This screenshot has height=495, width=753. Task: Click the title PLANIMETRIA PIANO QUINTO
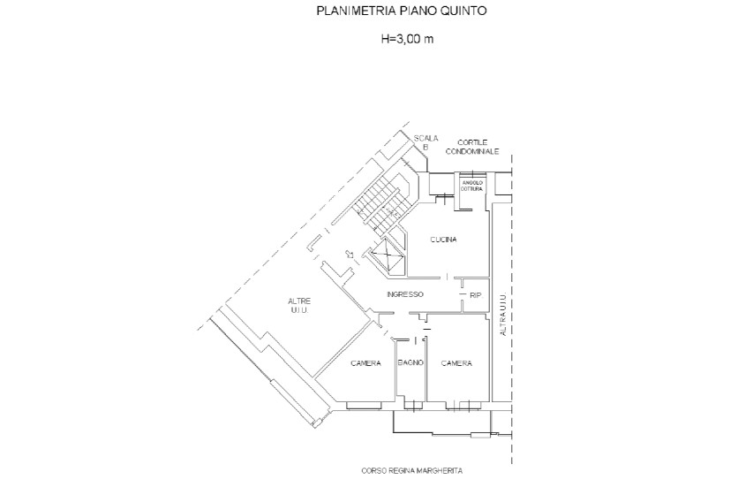401,12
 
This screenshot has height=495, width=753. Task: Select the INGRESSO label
405,294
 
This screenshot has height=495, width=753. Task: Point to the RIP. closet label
476,294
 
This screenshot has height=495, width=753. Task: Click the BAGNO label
410,363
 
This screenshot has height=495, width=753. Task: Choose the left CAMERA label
365,363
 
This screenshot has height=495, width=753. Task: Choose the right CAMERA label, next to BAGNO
456,363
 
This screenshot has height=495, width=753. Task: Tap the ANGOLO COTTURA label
472,186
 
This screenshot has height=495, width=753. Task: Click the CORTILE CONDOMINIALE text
471,147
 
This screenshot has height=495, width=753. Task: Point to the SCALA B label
425,141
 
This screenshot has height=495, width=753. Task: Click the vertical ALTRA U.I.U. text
503,314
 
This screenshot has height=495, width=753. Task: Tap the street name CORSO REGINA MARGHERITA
411,471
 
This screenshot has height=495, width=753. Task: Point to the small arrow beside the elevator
352,257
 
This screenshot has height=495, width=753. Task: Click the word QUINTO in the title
463,12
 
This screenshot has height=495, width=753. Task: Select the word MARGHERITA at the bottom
441,471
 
